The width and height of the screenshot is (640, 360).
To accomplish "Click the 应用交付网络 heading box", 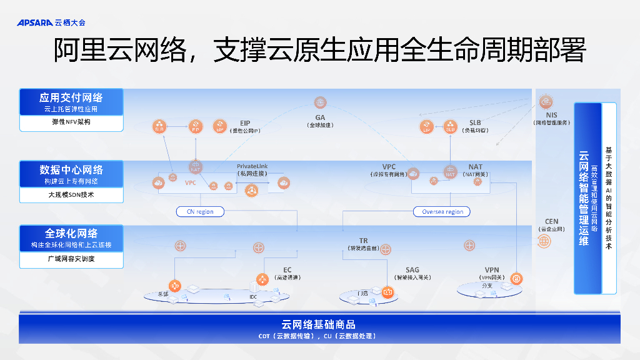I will (71, 101).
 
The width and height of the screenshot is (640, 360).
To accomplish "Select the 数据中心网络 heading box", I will (71, 174).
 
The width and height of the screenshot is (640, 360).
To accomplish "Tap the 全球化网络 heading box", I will (71, 237).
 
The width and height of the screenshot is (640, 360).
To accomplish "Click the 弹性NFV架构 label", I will (71, 122).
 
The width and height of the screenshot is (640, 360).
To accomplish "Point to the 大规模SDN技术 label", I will (71, 195).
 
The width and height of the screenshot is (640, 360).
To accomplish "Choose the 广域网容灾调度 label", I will (71, 259).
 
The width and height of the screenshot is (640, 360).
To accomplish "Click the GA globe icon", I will (320, 102).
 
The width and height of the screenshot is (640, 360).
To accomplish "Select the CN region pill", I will (200, 212).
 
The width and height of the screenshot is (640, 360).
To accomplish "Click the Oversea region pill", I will (442, 212).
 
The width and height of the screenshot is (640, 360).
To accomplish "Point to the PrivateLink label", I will (252, 166).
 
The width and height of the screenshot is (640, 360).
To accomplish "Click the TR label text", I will (363, 241).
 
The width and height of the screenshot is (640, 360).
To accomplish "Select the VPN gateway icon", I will (516, 278).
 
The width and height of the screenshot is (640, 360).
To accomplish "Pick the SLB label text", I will (475, 122).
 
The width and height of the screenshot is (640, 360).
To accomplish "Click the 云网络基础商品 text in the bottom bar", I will (319, 324).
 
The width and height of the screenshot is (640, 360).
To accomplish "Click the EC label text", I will (287, 270).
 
